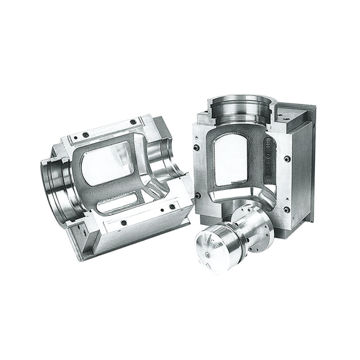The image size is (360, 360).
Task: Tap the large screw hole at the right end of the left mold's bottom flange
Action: [171, 207]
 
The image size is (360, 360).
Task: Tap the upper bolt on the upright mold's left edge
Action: [197, 148]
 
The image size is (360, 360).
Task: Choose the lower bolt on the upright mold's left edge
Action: [197, 195]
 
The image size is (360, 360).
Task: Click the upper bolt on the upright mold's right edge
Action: [287, 158]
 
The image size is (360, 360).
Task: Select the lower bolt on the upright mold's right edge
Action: [286, 209]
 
